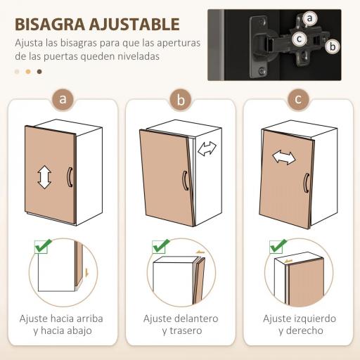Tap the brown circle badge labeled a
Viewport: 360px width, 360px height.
click(x=63, y=99)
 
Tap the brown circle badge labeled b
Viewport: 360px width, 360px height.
click(x=181, y=100)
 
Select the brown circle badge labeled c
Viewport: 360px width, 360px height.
click(x=298, y=99)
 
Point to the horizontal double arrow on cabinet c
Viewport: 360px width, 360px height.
click(x=284, y=157)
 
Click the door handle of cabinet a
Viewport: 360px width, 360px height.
click(x=69, y=177)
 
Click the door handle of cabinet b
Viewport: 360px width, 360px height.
click(x=184, y=181)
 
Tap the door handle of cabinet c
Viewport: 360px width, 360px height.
click(x=305, y=182)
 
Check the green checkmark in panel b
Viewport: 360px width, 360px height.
click(x=161, y=247)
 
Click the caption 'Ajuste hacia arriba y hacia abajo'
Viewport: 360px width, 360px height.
click(x=63, y=324)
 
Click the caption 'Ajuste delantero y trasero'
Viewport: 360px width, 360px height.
click(x=181, y=324)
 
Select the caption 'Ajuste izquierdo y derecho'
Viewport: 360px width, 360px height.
click(x=299, y=324)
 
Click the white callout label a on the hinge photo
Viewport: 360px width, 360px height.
click(x=310, y=19)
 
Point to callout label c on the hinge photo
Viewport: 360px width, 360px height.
click(x=300, y=39)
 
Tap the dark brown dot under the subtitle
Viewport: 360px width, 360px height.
click(x=39, y=71)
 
